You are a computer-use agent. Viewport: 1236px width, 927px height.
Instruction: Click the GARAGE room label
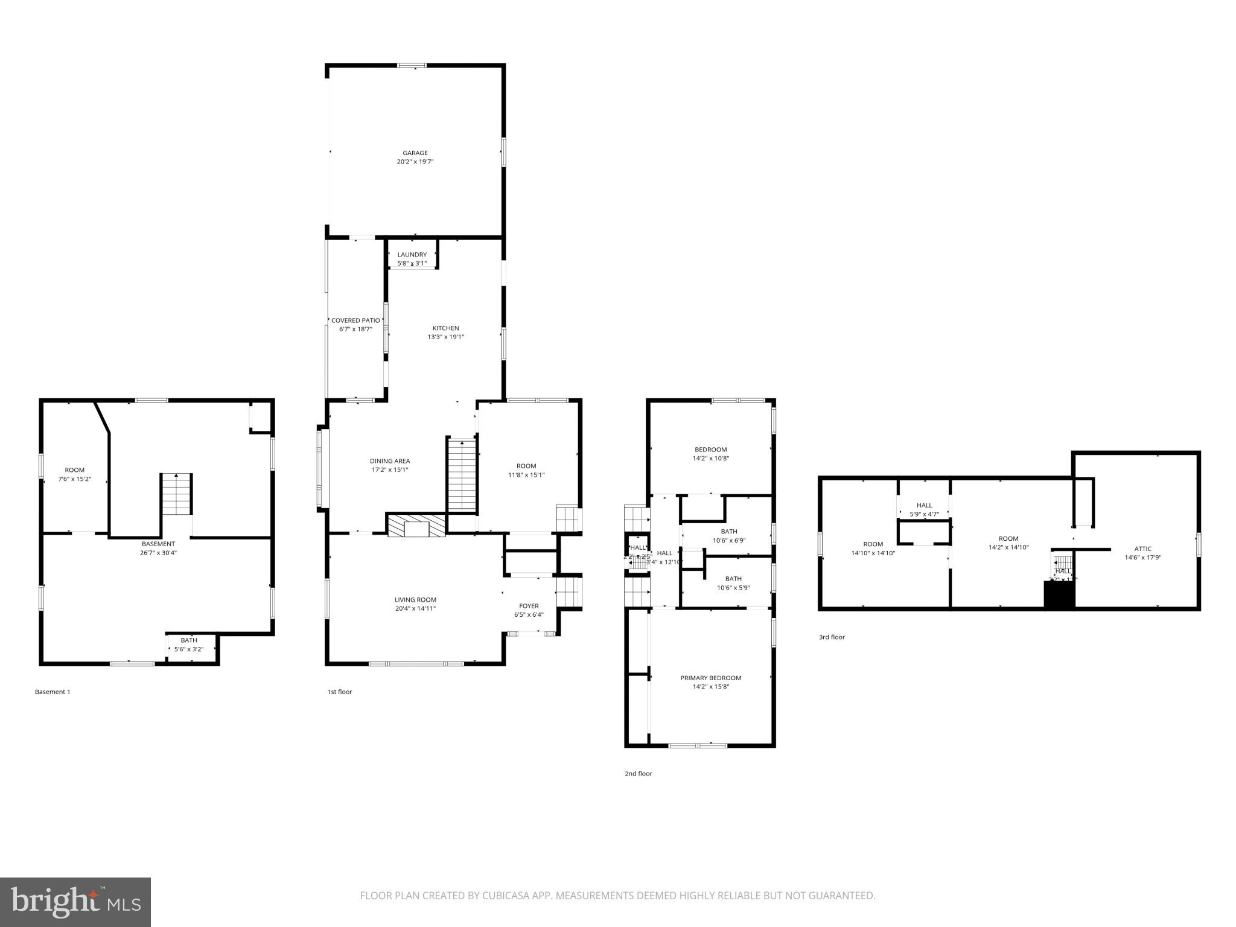tap(415, 153)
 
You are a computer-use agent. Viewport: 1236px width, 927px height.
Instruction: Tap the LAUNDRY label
tap(412, 255)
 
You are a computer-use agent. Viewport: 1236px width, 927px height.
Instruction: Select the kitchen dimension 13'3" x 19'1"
tap(445, 337)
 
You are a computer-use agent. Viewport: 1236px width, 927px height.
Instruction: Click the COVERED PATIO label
tap(355, 320)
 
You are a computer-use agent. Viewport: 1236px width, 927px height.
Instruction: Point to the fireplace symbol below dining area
tap(416, 525)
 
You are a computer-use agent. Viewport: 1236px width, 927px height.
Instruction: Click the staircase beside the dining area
tap(462, 476)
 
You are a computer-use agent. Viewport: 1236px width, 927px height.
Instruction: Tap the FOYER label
tap(529, 606)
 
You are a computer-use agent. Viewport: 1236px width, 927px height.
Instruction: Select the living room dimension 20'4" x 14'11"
tap(415, 609)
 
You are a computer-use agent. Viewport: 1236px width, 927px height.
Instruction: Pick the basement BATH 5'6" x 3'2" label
tap(189, 640)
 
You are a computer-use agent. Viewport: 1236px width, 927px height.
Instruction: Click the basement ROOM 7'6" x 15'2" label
tap(75, 470)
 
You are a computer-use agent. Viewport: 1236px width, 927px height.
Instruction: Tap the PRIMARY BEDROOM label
tap(710, 678)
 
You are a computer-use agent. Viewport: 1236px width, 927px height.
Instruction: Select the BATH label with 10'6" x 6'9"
tap(728, 532)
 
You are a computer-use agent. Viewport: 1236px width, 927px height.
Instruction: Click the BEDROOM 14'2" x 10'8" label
tap(710, 450)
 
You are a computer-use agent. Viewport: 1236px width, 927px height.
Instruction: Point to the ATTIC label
tap(1142, 549)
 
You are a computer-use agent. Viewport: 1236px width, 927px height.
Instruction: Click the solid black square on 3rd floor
tap(1059, 595)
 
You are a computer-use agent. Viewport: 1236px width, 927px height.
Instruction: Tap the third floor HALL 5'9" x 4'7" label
tap(924, 506)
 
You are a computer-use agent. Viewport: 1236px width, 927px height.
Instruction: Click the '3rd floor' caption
tap(832, 637)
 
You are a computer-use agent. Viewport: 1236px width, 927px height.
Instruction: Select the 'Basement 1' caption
tap(53, 692)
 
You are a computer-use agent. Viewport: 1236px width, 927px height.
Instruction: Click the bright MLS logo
tap(75, 902)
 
